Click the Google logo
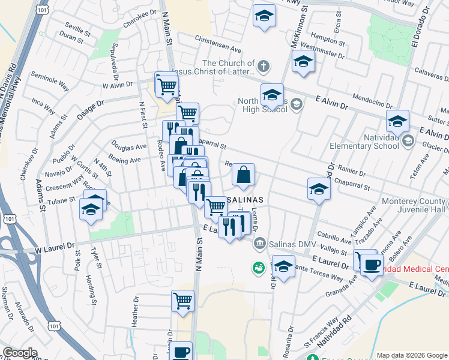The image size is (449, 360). (20, 353)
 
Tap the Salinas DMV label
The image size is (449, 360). (292, 242)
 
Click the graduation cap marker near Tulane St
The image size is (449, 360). (91, 210)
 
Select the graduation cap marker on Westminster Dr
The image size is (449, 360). (303, 61)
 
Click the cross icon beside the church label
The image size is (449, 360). (264, 64)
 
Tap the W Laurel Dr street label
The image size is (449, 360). (54, 246)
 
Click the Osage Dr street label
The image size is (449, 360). (91, 109)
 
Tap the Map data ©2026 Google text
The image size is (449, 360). (411, 355)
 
